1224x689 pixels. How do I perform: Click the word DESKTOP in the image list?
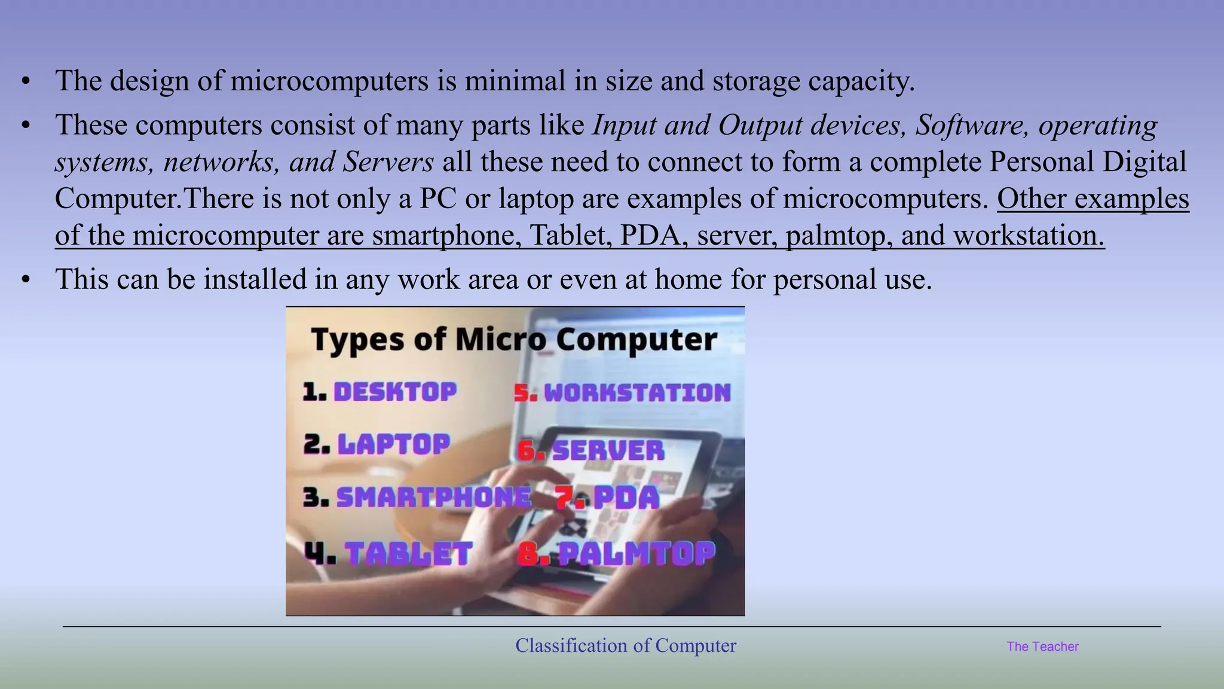coord(395,392)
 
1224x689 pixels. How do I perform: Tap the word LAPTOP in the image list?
coord(393,444)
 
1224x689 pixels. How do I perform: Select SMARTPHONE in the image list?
coord(433,497)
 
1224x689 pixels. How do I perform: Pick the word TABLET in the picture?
coord(409,553)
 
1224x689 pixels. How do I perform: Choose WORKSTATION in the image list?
coord(637,393)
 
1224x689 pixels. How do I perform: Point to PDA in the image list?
coord(626,498)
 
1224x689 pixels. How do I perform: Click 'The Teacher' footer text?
coord(1042,647)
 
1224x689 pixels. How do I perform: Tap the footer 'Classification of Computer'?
coord(626,646)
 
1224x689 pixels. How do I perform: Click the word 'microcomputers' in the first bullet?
coord(329,81)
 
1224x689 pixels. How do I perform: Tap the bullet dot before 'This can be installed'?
coord(25,280)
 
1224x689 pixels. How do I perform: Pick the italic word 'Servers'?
coord(388,162)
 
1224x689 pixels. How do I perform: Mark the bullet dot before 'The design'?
coord(25,81)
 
